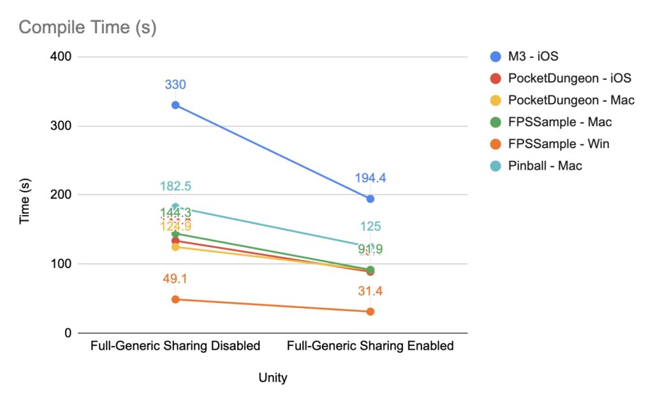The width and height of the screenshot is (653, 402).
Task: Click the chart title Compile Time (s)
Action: (x=87, y=27)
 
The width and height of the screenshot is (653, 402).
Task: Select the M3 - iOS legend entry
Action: (x=533, y=57)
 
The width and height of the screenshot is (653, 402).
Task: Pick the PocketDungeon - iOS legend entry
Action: (x=569, y=78)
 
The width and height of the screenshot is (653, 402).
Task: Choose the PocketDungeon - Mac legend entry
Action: (x=571, y=100)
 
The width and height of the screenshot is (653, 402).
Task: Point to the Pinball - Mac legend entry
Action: (x=545, y=166)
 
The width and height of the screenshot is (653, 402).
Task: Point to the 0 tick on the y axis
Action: (x=66, y=333)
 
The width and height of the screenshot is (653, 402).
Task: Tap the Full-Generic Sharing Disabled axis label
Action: (x=175, y=346)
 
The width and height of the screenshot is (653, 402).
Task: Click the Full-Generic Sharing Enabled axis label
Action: (x=371, y=346)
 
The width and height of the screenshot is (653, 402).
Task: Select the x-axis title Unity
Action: (x=273, y=378)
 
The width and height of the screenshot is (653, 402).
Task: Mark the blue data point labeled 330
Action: (x=175, y=105)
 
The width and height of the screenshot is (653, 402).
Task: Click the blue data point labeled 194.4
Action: (x=371, y=198)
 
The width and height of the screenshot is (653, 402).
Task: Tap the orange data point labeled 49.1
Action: (x=175, y=299)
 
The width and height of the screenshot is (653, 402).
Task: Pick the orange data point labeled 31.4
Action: (x=371, y=311)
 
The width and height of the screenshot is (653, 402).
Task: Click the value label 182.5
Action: (x=175, y=187)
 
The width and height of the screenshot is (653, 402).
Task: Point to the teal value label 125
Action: (x=371, y=227)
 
